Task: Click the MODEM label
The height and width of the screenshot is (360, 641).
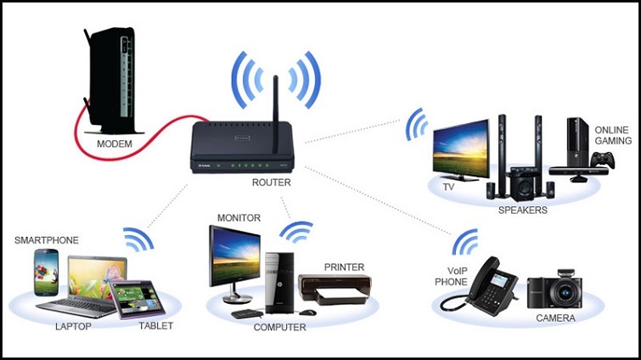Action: tap(114, 144)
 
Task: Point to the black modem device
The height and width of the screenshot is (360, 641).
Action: tap(109, 81)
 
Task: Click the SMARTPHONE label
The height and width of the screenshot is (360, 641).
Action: tap(47, 241)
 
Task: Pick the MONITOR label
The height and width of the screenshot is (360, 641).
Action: tap(239, 219)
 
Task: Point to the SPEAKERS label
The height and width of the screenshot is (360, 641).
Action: tap(524, 210)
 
